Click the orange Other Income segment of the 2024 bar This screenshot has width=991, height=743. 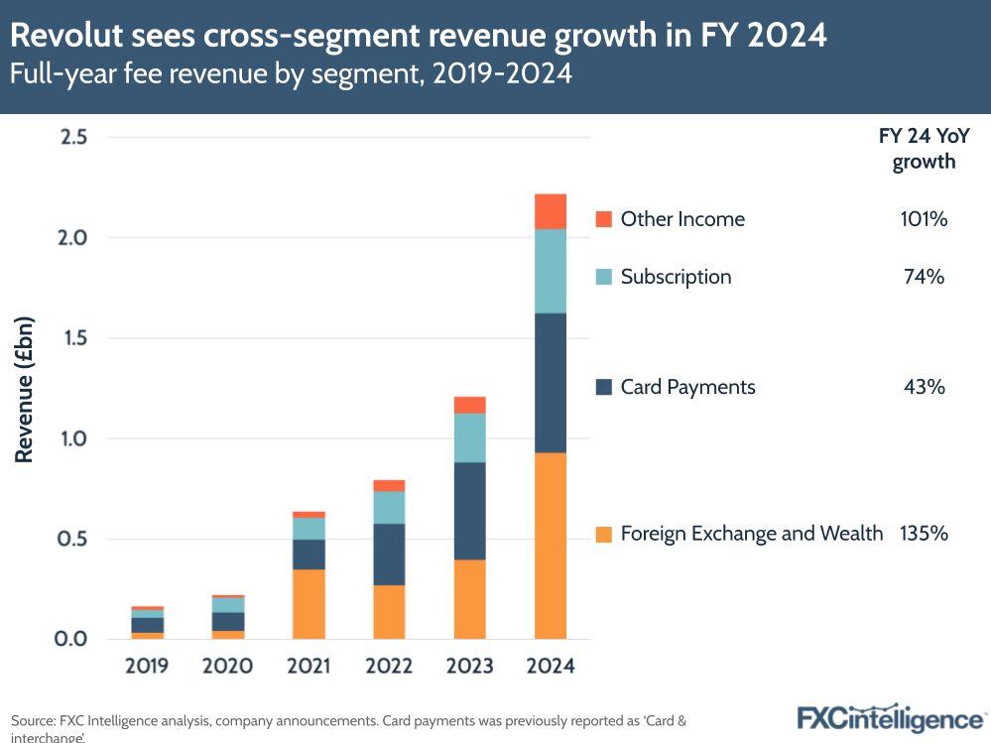(x=550, y=211)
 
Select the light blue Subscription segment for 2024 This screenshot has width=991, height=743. (x=550, y=271)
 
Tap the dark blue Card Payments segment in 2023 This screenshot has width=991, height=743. (x=469, y=511)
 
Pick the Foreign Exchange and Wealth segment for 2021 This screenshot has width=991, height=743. (x=309, y=603)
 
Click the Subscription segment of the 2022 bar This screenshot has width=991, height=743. (x=389, y=507)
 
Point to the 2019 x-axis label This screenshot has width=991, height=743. (x=147, y=666)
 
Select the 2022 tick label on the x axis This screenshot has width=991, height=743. (x=389, y=666)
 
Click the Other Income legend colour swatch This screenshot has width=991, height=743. (x=603, y=219)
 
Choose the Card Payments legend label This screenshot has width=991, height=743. (x=687, y=387)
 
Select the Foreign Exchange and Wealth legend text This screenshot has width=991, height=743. (x=751, y=534)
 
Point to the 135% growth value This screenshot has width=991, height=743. (x=924, y=534)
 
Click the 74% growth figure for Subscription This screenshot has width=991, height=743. (x=924, y=277)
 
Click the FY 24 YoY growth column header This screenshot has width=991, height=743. (x=924, y=150)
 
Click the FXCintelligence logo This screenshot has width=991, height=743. (x=890, y=717)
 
